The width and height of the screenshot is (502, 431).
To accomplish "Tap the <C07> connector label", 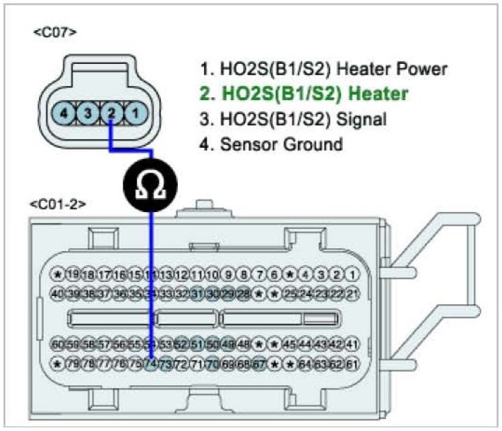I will pos(54,32).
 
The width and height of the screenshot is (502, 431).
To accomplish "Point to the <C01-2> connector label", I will pos(58,203).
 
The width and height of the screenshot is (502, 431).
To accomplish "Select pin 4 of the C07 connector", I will pos(64,113).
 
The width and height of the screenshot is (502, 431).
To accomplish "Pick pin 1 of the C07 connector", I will pos(134,113).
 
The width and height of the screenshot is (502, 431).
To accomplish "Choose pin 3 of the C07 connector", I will pos(87,113).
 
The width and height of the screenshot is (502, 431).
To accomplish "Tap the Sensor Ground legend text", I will pos(281,144).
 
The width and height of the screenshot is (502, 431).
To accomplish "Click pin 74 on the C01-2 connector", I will pos(152,365).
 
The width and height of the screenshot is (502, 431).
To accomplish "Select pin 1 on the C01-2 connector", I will pos(354,275).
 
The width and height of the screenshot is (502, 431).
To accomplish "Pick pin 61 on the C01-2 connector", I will pos(354,365).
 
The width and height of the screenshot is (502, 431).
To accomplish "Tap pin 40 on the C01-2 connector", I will pos(58,293).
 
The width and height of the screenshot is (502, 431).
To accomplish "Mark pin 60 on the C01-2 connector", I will pos(58,345).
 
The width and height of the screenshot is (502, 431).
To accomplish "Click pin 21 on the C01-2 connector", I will pos(354,293).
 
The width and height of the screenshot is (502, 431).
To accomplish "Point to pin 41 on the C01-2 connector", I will pos(354,345).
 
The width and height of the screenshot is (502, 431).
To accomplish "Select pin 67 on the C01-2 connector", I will pos(260,365).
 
